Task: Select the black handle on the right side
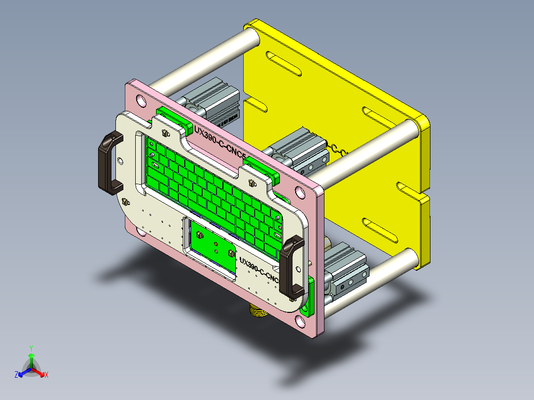[x=289, y=267]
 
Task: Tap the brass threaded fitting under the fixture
[x=257, y=311]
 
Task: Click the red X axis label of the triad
[x=46, y=375]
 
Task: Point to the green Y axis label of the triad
[x=31, y=348]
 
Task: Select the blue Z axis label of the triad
[x=16, y=375]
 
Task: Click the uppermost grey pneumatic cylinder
[x=213, y=101]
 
